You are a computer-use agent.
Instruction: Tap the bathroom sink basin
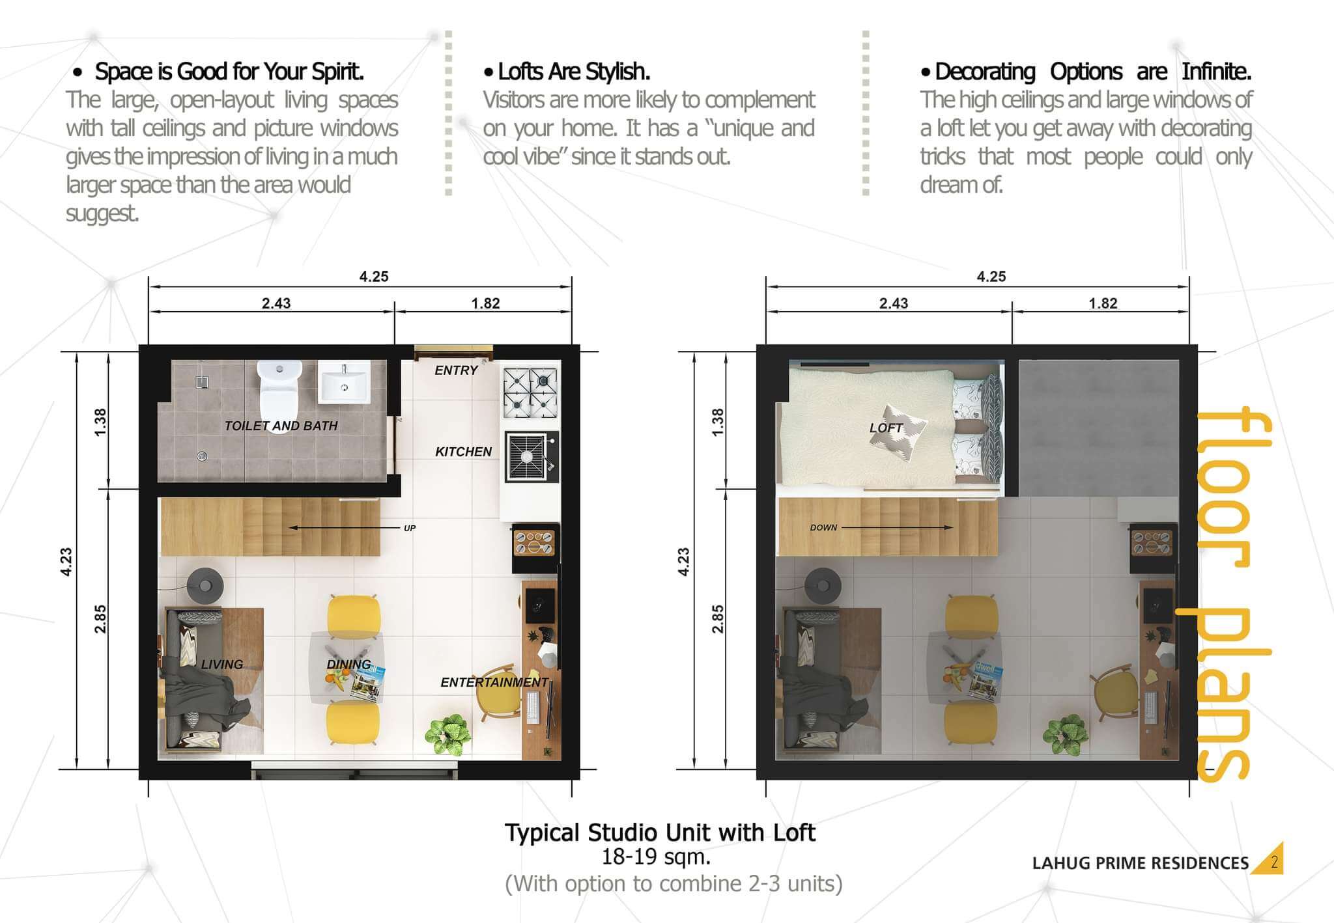tap(344, 381)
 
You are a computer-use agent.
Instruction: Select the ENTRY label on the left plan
tap(456, 370)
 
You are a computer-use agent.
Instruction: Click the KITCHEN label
tap(463, 452)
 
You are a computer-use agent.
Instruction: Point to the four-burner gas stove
tap(530, 393)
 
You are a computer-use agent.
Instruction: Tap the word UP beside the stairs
tap(410, 528)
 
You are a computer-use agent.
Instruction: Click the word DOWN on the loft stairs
tap(823, 527)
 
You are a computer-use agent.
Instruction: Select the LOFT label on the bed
tap(886, 428)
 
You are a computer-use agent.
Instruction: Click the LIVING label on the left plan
tap(221, 665)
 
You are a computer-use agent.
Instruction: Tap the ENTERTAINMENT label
tap(494, 682)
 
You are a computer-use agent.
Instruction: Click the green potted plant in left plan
tap(447, 735)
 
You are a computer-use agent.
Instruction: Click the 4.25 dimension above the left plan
tap(374, 277)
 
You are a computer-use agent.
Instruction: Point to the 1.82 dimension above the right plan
tap(1103, 303)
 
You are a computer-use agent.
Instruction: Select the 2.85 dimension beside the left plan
tap(100, 619)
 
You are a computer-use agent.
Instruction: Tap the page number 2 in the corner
tap(1274, 863)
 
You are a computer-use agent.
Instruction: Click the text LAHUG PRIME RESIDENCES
tap(1141, 864)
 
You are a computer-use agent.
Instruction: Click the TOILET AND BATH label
tap(281, 426)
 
